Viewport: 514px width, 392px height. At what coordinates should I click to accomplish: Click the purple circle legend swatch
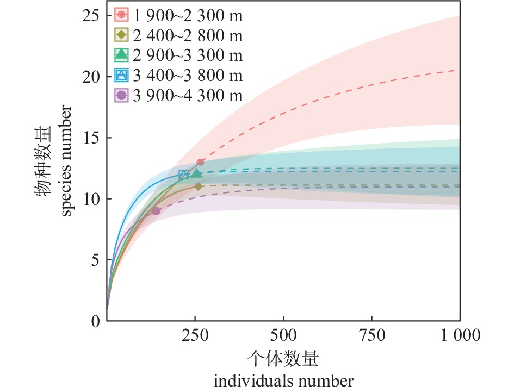pos(122,96)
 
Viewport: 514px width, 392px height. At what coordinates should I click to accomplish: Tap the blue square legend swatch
pos(122,76)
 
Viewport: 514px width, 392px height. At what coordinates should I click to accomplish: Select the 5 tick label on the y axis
pos(96,260)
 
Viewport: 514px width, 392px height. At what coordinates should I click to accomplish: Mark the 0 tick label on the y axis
pos(96,321)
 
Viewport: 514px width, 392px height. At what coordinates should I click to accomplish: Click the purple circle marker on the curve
pos(156,211)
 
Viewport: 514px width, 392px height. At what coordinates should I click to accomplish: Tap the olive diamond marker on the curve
pos(199,186)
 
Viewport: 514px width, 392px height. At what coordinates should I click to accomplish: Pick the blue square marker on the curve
pos(184,175)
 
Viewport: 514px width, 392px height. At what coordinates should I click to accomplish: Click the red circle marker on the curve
pos(200,162)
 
